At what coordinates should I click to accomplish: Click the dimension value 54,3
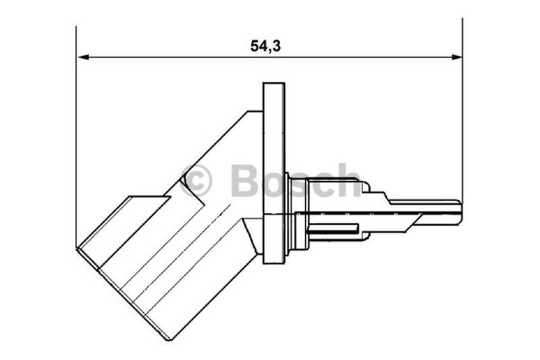265,46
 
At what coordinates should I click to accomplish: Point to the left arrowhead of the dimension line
83,57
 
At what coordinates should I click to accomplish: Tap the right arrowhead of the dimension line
456,57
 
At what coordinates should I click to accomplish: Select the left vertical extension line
76,136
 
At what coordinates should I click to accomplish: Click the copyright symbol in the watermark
196,180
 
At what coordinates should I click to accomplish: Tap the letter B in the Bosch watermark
245,180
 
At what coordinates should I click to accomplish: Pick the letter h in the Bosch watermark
348,180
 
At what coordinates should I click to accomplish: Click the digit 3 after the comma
276,46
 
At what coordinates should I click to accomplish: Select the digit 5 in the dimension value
255,46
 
